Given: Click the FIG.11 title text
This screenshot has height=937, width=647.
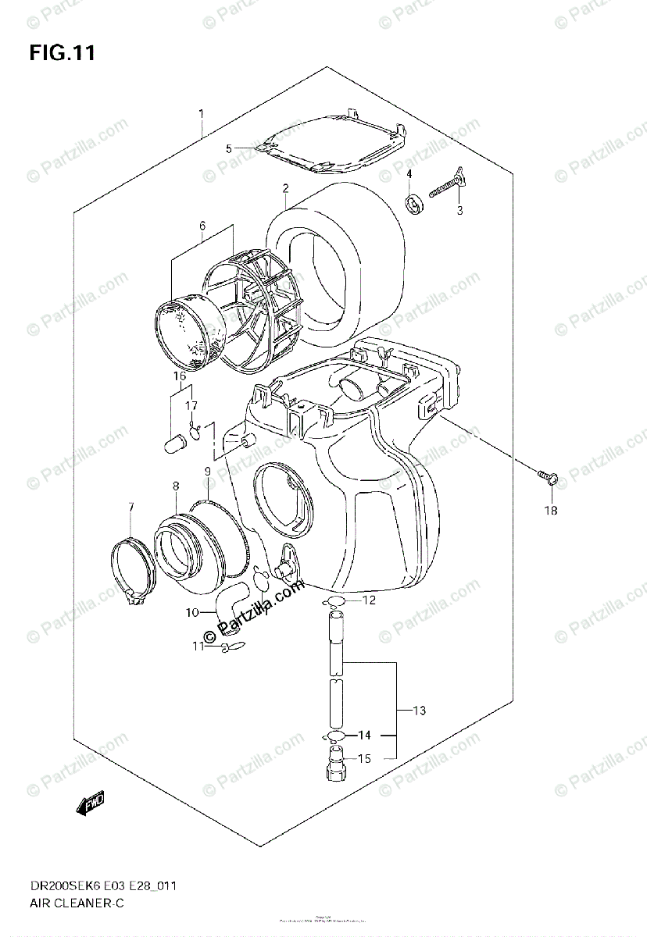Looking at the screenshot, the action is pos(63,53).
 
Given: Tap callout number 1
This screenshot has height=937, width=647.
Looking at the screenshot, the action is pos(201,114).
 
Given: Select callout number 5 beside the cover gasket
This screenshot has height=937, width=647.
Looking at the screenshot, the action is pos(228,148).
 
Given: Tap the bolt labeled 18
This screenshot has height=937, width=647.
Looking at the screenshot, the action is pos(547,477).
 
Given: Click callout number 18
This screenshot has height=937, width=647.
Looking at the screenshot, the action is pos(551,511).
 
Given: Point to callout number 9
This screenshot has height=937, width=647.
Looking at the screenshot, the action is pos(207,472).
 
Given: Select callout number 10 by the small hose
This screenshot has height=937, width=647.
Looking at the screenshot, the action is pos(192,612).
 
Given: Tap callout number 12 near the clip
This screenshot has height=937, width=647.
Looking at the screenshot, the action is pos(369,600).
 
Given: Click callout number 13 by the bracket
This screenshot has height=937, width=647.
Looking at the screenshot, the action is pos(419,711).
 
